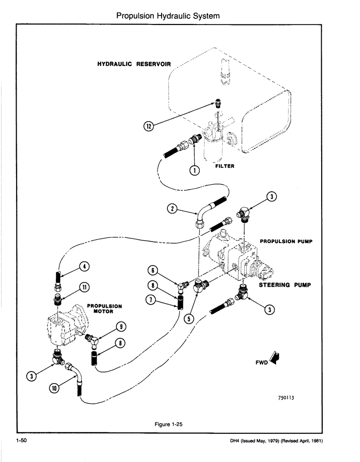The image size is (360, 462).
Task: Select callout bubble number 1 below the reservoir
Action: click(x=196, y=170)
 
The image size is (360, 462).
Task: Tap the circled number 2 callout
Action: click(x=172, y=209)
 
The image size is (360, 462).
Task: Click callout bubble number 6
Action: click(x=154, y=270)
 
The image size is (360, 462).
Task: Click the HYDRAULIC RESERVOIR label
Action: click(x=133, y=64)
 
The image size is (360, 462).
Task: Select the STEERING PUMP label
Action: click(x=282, y=285)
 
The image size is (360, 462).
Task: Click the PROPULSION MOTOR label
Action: click(x=104, y=309)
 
